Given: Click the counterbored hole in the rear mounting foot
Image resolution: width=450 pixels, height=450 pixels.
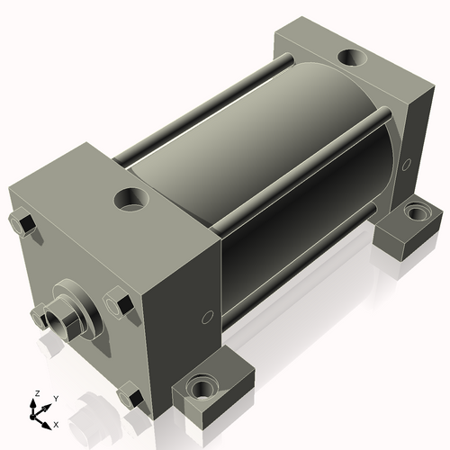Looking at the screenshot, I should click(415, 215).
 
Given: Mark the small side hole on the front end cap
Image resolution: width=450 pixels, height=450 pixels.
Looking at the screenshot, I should click(207, 317).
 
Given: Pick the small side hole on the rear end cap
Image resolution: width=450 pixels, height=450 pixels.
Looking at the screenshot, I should click(408, 165).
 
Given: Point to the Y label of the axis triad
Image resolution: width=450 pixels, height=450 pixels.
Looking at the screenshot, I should click(56, 397).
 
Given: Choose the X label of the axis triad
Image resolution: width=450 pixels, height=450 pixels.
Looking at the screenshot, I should click(56, 423).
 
